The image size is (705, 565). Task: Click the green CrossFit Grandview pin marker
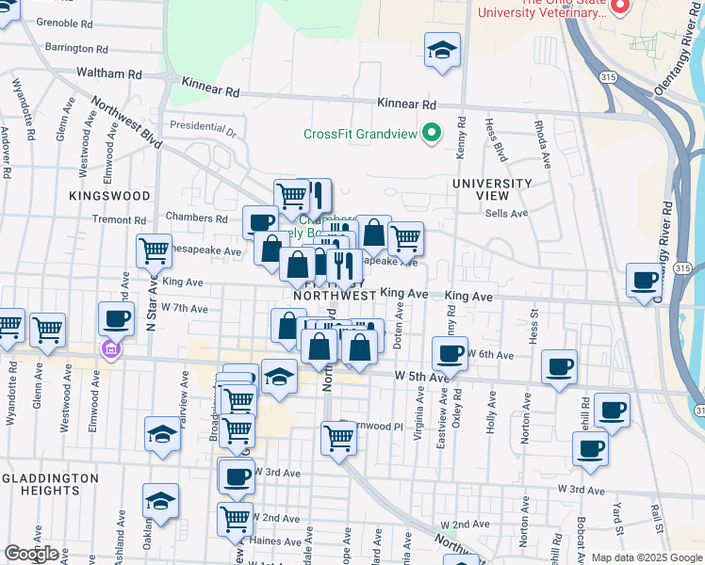click(432, 133)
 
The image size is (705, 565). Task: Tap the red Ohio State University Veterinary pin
click(619, 8)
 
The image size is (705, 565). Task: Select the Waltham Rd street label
click(108, 73)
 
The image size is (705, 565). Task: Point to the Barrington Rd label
click(76, 48)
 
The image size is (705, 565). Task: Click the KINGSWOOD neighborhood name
click(109, 195)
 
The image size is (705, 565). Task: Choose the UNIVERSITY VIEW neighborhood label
click(492, 189)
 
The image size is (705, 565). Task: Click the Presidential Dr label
click(202, 125)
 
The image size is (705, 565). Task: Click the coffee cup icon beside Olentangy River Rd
click(645, 281)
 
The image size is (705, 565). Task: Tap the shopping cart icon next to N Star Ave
click(154, 251)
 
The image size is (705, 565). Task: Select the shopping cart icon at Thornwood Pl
click(337, 437)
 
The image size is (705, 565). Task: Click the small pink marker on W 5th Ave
click(109, 349)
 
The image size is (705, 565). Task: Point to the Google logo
click(32, 554)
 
